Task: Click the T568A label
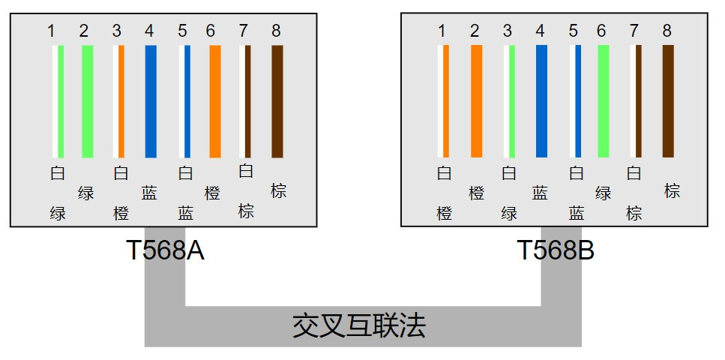tap(165, 250)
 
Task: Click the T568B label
tap(556, 250)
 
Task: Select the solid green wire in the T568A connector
tap(87, 101)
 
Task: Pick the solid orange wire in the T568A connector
tap(215, 101)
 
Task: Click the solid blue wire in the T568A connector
tap(151, 101)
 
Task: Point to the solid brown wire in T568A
tap(277, 101)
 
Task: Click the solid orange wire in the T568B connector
tap(476, 101)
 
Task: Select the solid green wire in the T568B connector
tap(604, 101)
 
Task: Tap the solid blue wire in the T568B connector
tap(541, 101)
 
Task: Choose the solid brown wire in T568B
tap(668, 101)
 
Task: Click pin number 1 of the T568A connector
tap(51, 31)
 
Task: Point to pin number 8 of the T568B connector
tap(667, 31)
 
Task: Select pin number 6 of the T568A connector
tap(211, 31)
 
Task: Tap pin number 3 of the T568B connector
tap(508, 31)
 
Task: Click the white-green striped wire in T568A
tap(58, 101)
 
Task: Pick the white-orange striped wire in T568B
tap(445, 101)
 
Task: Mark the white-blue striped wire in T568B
tap(575, 101)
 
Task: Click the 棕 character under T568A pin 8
tap(278, 191)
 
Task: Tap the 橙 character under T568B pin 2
tap(476, 193)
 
